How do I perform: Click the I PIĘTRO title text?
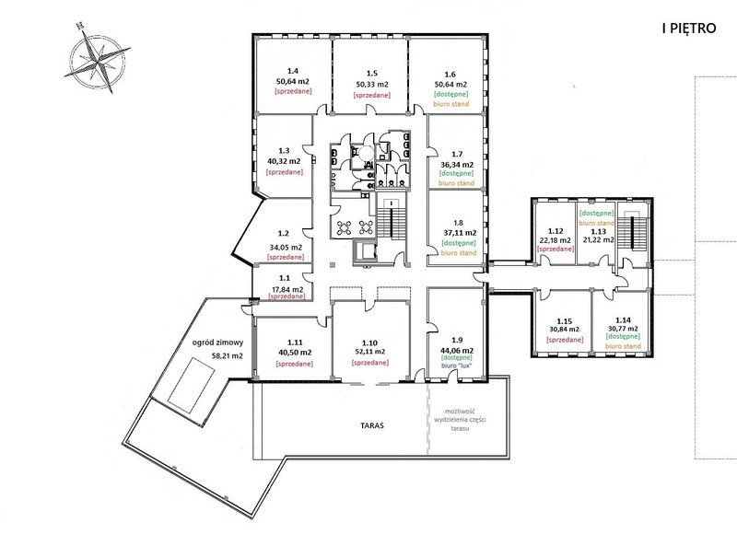(x=689, y=29)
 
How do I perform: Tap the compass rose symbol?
(x=98, y=59)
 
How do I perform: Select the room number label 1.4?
(x=293, y=71)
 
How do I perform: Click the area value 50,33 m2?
(x=372, y=85)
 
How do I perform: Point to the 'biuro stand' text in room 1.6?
(x=450, y=104)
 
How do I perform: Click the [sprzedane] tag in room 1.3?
(x=285, y=172)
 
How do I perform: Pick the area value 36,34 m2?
(x=457, y=165)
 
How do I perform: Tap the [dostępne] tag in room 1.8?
(x=458, y=243)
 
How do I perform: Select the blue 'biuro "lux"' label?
(x=456, y=366)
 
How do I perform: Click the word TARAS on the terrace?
(x=372, y=425)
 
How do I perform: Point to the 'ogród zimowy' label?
(x=218, y=342)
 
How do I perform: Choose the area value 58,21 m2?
(x=228, y=356)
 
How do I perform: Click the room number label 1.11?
(x=295, y=342)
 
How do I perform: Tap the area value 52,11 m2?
(x=370, y=352)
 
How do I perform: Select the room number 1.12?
(x=556, y=230)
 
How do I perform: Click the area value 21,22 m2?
(x=598, y=239)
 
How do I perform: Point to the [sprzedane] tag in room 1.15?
(x=565, y=339)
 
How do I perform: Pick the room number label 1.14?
(x=623, y=319)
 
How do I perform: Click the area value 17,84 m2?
(x=287, y=289)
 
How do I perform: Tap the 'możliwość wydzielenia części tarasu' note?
(x=457, y=419)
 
